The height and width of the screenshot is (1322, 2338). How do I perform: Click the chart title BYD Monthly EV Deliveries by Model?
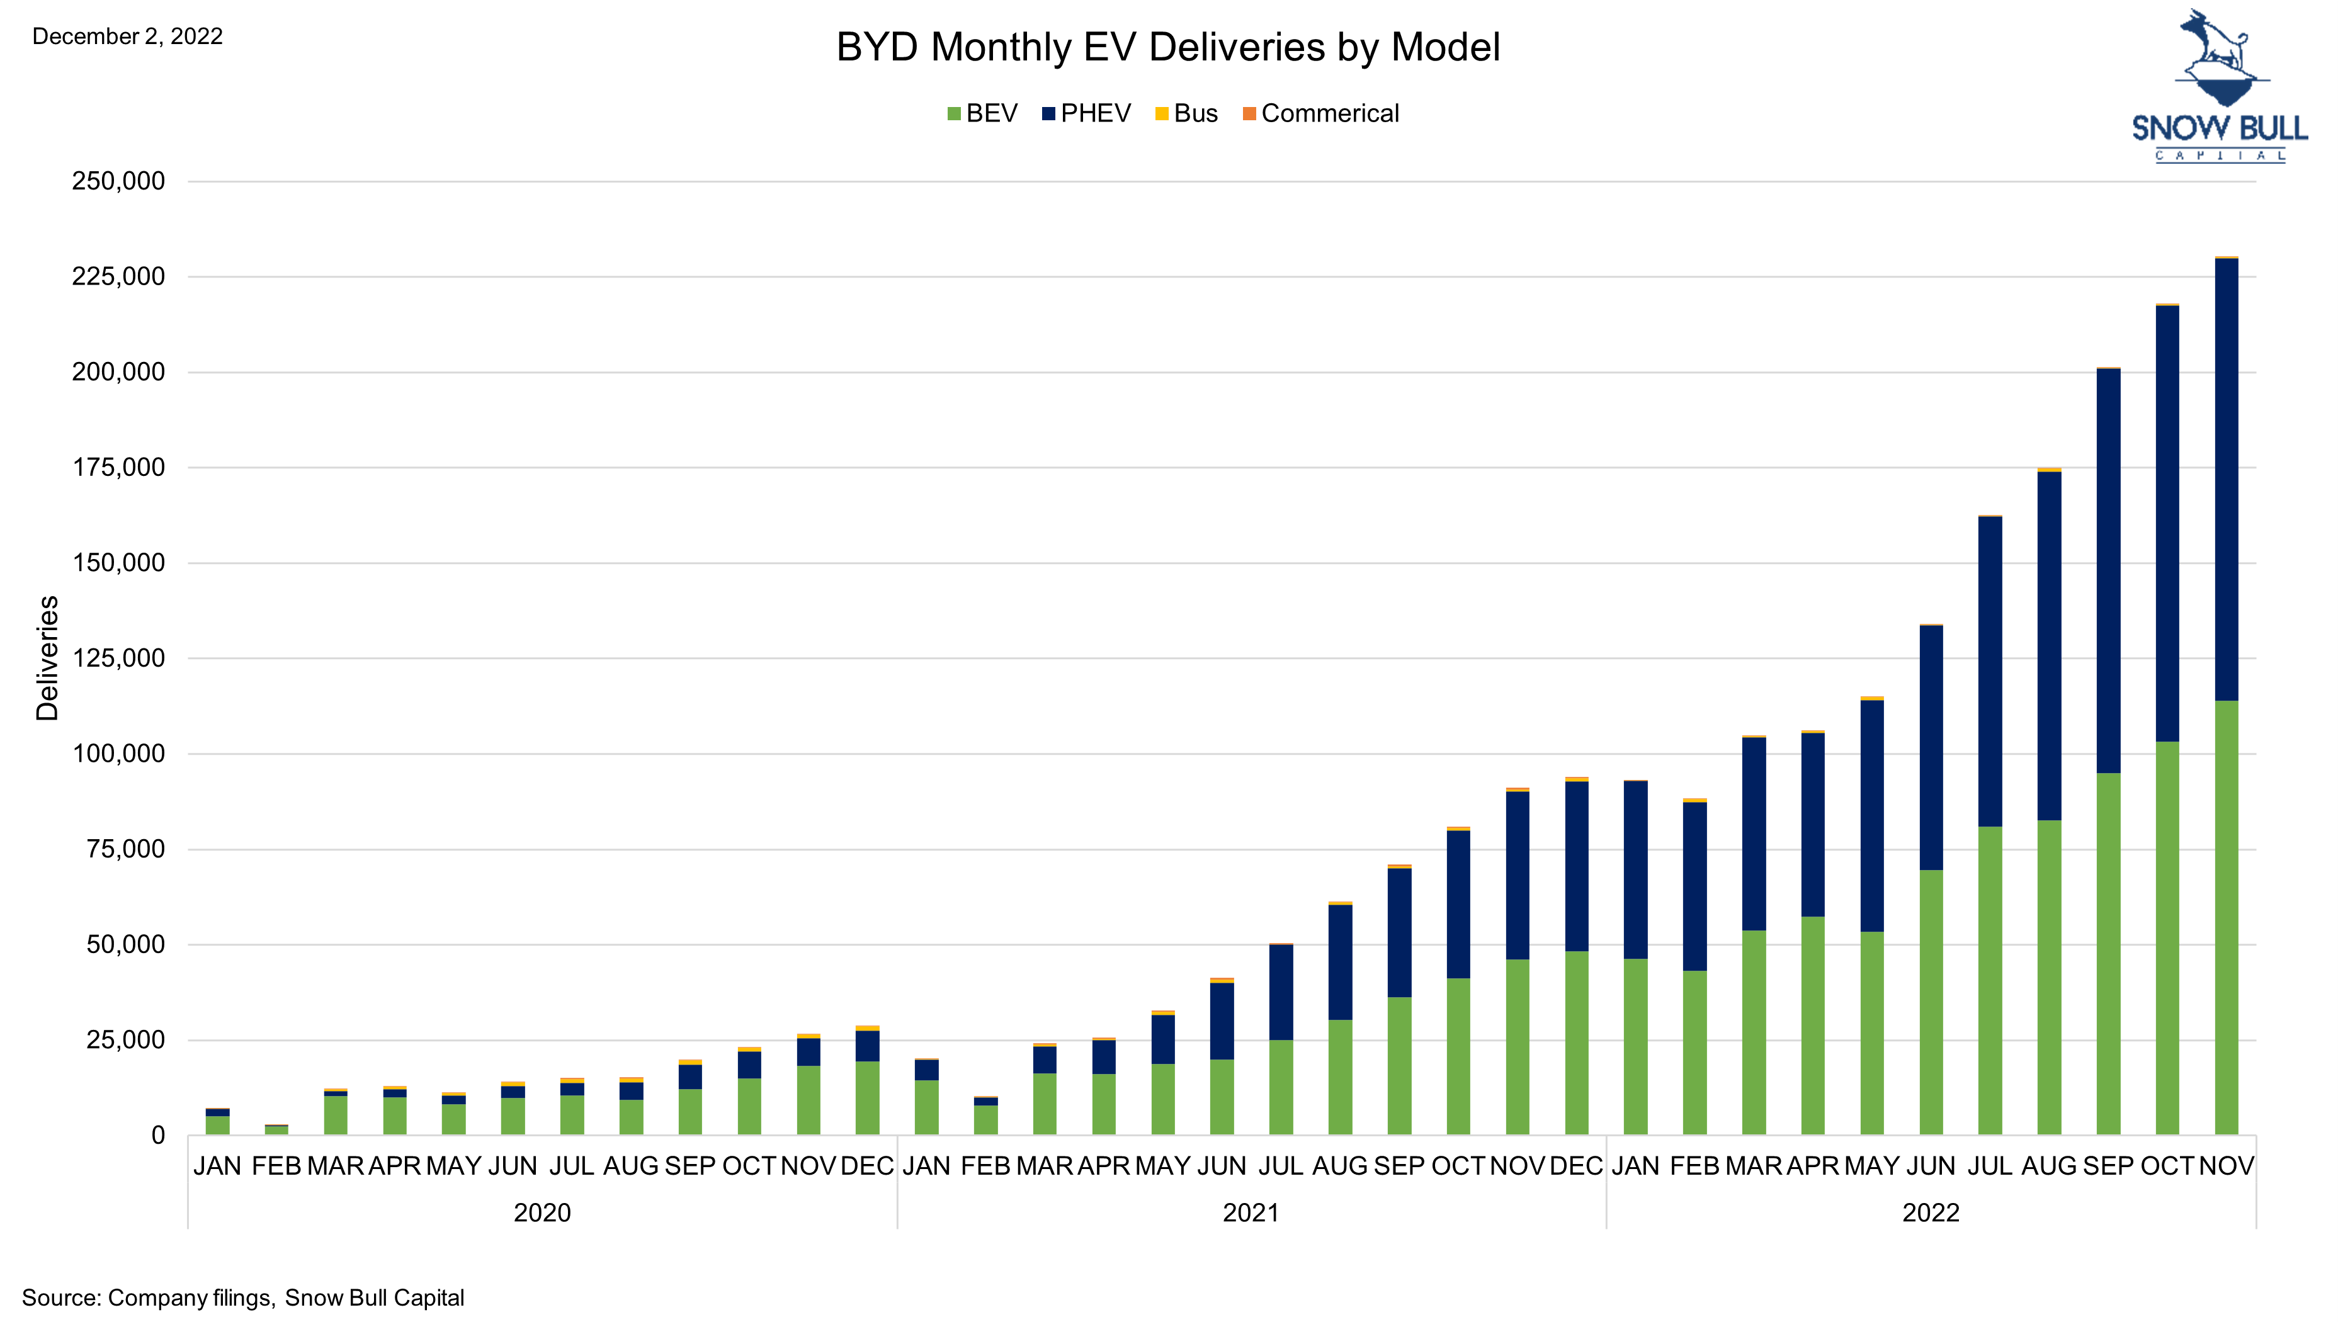point(1167,47)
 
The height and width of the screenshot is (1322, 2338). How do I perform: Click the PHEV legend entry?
point(1087,113)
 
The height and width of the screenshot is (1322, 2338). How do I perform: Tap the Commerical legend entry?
point(1321,113)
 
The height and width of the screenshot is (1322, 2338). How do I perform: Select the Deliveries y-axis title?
point(47,658)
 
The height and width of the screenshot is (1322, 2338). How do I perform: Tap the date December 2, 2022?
point(127,37)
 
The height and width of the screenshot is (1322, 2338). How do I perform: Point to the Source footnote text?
point(242,1297)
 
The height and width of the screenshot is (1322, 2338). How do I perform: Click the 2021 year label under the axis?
point(1251,1213)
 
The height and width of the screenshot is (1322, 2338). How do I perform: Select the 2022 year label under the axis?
point(1931,1213)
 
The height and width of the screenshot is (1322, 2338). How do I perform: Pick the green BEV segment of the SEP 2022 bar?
point(2108,953)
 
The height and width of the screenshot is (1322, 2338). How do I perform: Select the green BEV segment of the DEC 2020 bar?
point(867,1098)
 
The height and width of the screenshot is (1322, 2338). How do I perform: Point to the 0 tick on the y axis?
point(158,1135)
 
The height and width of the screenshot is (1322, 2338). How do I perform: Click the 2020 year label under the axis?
point(542,1213)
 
